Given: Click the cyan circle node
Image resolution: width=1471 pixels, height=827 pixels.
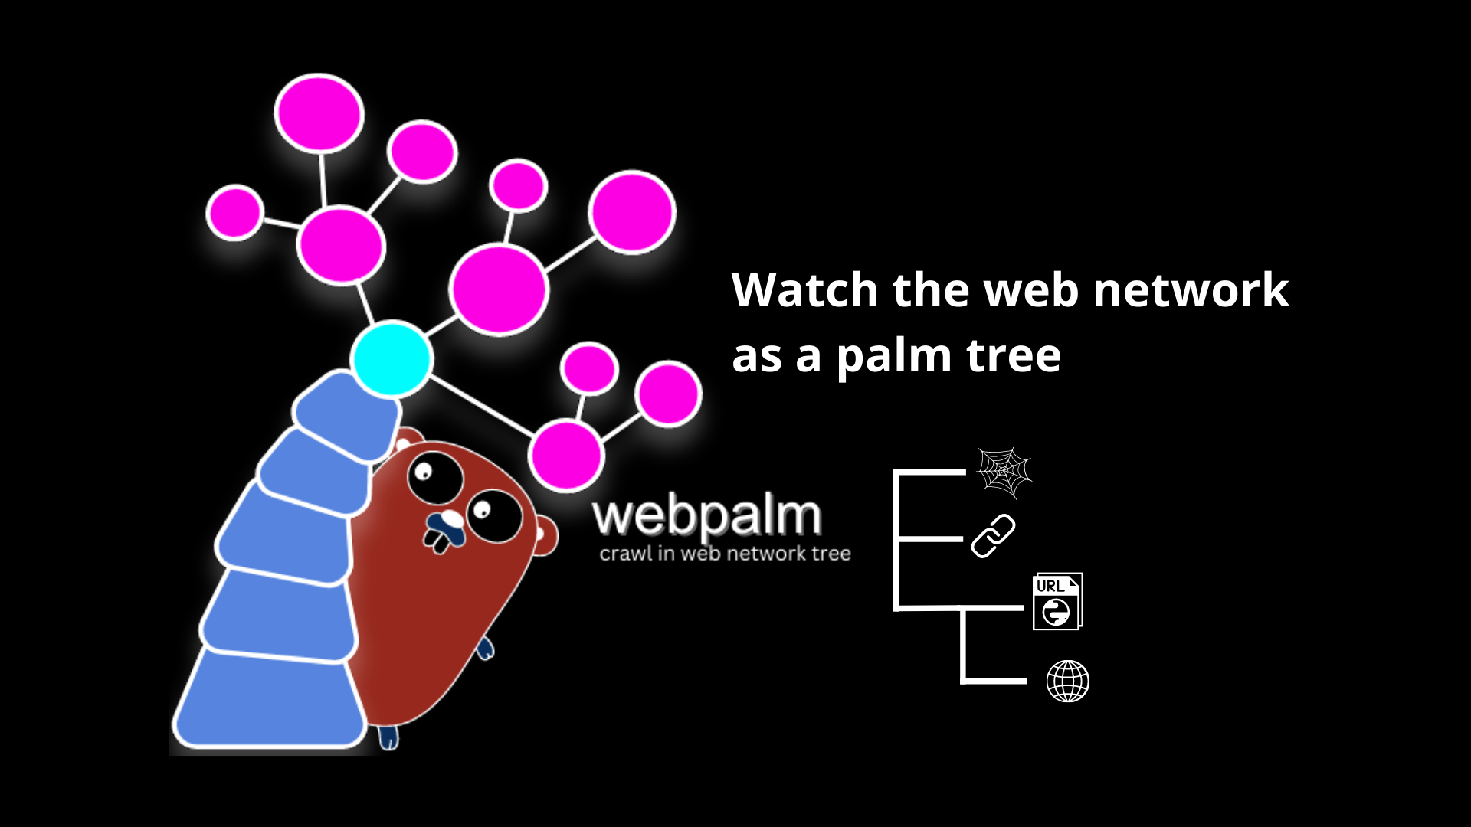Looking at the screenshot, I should click(392, 358).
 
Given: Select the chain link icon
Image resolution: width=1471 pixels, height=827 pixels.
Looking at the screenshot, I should click(993, 536).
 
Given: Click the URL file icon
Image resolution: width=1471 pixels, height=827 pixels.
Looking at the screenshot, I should click(1057, 602).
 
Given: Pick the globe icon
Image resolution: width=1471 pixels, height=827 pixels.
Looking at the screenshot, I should click(1067, 681).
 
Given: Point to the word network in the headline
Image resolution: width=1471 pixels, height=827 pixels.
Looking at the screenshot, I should click(1191, 290).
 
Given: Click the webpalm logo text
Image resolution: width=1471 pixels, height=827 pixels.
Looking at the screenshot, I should click(706, 516).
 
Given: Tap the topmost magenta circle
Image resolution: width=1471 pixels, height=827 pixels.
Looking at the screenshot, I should click(319, 113).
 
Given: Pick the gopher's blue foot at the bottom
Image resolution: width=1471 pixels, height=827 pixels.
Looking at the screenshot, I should click(389, 737).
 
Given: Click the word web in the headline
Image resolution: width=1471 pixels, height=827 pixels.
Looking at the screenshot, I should click(1031, 290).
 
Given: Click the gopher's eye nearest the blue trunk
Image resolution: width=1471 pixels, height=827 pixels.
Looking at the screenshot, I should click(434, 476).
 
